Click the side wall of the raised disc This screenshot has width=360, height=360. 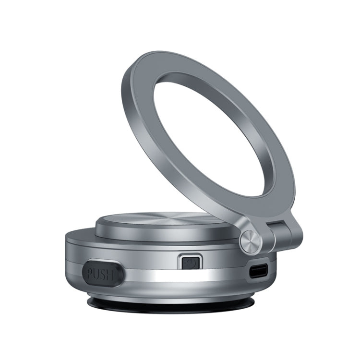[x=144, y=240]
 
